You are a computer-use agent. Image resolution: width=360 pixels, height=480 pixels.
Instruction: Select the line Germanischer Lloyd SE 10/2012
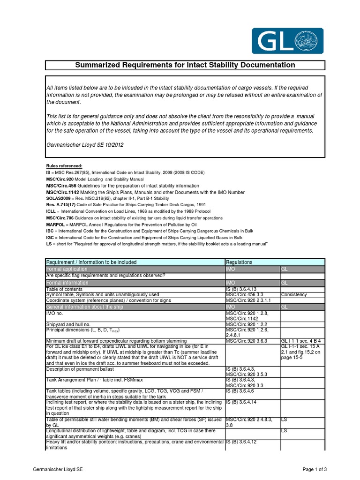(x=85, y=145)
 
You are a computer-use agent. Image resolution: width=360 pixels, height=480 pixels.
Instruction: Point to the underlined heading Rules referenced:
(x=64, y=166)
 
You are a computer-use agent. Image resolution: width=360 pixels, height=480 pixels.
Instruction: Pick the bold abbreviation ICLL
(x=51, y=212)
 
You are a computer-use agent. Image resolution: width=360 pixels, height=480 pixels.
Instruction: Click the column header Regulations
(x=239, y=262)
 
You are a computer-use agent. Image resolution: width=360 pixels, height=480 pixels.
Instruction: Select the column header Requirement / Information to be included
(x=91, y=262)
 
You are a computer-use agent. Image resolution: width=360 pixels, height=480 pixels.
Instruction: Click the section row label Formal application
(x=67, y=269)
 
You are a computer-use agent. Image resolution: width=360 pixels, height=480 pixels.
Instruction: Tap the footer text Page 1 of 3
(x=314, y=469)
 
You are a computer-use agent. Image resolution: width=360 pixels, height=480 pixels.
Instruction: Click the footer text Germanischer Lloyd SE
(x=59, y=469)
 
